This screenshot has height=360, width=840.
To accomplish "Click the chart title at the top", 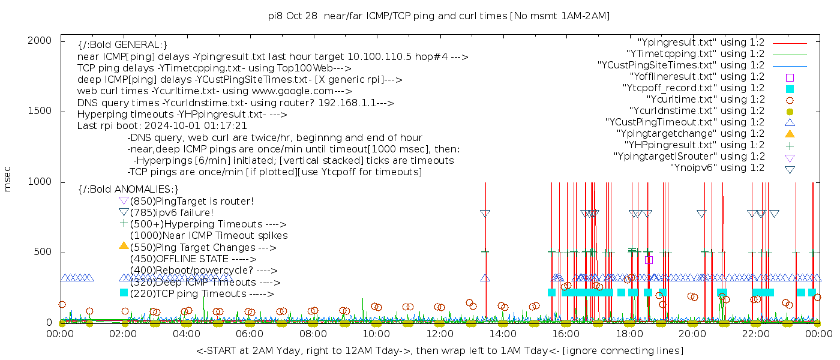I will click(x=439, y=16).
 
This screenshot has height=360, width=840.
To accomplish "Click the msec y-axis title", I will click(x=8, y=179).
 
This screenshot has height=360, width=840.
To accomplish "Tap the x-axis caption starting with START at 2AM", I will click(x=439, y=350).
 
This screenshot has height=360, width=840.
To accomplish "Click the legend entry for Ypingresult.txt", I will click(x=701, y=43).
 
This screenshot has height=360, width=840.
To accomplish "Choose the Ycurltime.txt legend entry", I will click(x=705, y=100).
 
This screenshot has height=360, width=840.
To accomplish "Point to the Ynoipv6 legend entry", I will click(x=717, y=168).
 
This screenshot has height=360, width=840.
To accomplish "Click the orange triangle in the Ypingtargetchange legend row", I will click(x=790, y=134).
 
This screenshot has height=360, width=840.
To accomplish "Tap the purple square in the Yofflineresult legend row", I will click(x=790, y=77).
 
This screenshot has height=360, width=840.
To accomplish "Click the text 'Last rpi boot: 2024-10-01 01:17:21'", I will click(x=162, y=126).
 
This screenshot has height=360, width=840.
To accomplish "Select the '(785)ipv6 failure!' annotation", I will click(x=172, y=213).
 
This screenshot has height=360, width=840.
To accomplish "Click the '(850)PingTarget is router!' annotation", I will click(x=191, y=202).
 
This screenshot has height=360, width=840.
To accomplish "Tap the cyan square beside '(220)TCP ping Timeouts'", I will click(x=124, y=293).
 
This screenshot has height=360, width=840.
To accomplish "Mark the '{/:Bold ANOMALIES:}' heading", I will click(x=128, y=190).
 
